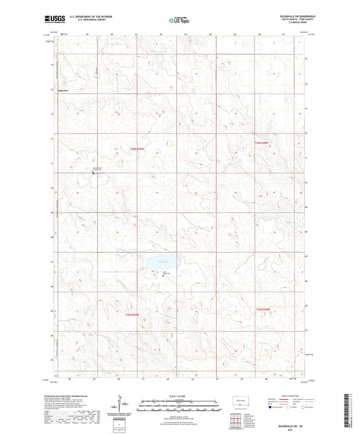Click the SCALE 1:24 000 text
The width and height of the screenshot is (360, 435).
[179, 395]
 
